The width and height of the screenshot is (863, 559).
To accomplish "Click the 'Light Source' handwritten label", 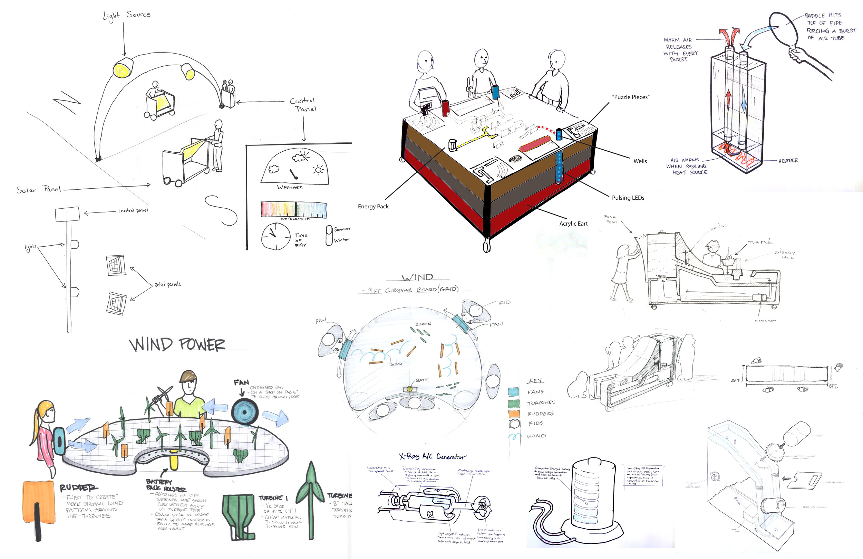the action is [x=127, y=15].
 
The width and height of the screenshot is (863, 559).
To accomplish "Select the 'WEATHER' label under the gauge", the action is [x=289, y=187].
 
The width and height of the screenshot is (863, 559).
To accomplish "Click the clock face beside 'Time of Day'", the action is [x=275, y=236].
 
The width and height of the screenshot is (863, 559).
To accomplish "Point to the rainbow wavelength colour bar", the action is [x=293, y=209].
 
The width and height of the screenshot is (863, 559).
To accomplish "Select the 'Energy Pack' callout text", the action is [x=373, y=207].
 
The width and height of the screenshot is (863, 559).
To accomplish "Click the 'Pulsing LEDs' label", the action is [x=628, y=198].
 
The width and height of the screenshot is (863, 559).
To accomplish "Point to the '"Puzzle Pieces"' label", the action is [x=631, y=97].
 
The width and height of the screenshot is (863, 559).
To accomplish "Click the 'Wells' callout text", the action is [x=640, y=161].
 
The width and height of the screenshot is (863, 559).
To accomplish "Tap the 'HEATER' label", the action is [x=788, y=160].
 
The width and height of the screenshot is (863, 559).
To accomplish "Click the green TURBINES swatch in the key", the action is [x=513, y=403].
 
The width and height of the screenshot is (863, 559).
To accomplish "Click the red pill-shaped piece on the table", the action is [x=535, y=144].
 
